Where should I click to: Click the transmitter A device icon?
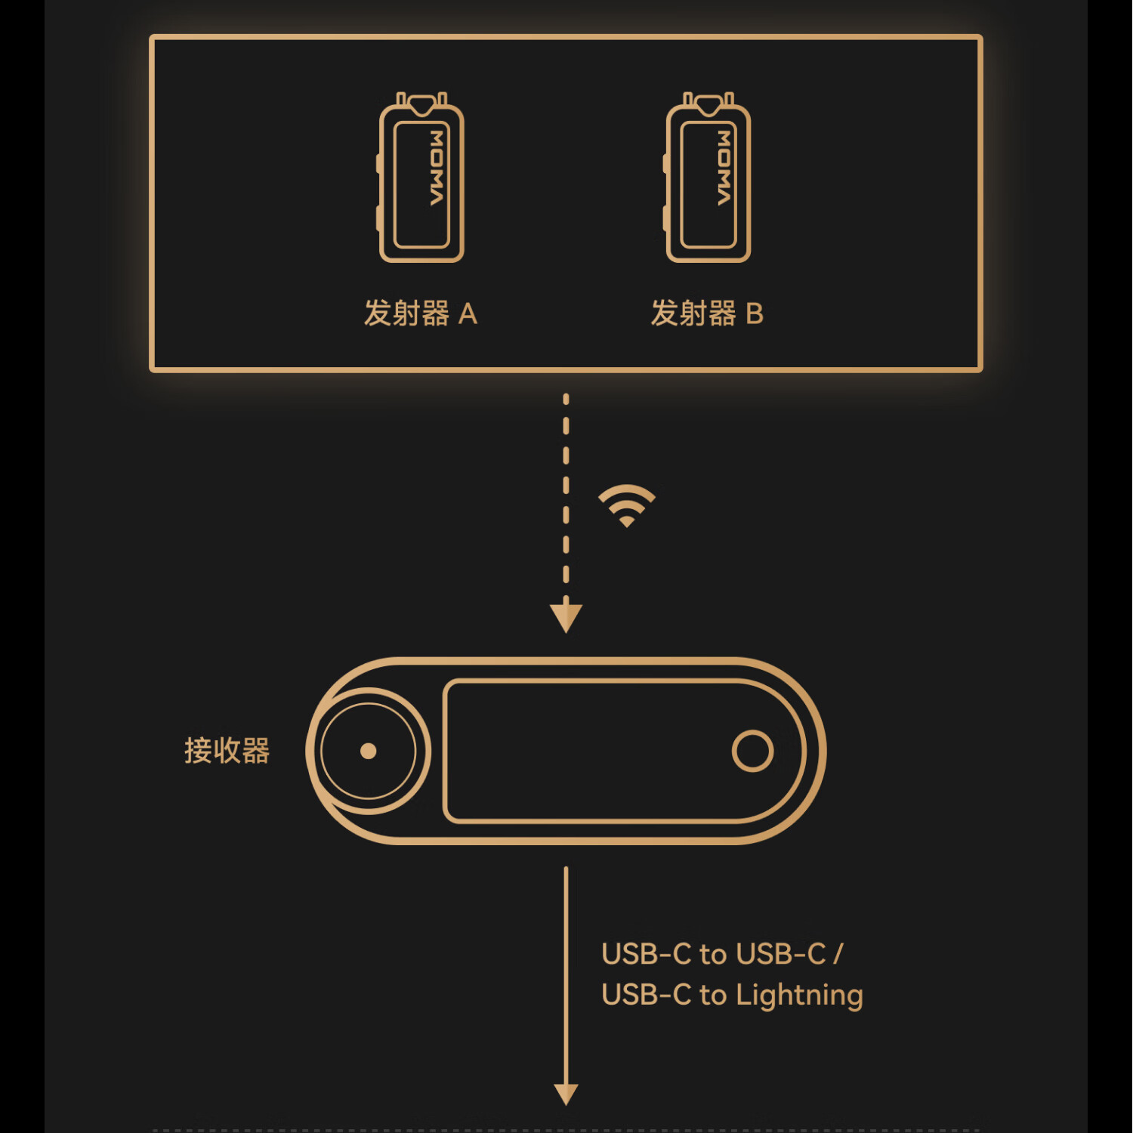click(x=421, y=178)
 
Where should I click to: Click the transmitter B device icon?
click(x=708, y=178)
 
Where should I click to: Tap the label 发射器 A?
click(x=420, y=313)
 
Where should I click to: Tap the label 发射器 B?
click(x=707, y=313)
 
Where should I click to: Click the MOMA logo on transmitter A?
click(x=437, y=168)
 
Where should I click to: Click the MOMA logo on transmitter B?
click(x=724, y=168)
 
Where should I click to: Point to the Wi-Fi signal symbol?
click(x=626, y=505)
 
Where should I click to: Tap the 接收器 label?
click(x=227, y=751)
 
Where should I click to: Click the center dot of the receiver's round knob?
click(x=369, y=751)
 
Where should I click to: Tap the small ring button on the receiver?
click(x=752, y=751)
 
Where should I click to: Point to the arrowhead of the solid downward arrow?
click(x=566, y=1093)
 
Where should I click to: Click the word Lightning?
click(x=799, y=996)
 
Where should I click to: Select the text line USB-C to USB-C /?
click(x=721, y=954)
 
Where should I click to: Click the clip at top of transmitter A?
click(x=421, y=103)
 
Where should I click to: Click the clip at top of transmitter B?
click(x=709, y=103)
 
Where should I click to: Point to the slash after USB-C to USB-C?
click(x=838, y=954)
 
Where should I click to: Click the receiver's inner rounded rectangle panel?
click(x=589, y=751)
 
